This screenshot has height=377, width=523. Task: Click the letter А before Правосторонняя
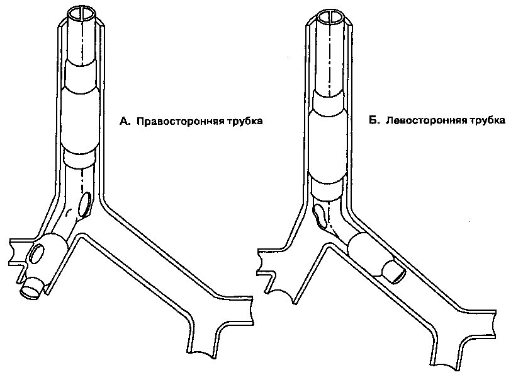(124, 121)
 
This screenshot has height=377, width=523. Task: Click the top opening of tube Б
(332, 16)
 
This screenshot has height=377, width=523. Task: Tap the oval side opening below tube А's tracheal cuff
(86, 203)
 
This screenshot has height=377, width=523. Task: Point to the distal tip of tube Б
(394, 270)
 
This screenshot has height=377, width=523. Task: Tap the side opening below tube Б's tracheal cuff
(320, 214)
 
